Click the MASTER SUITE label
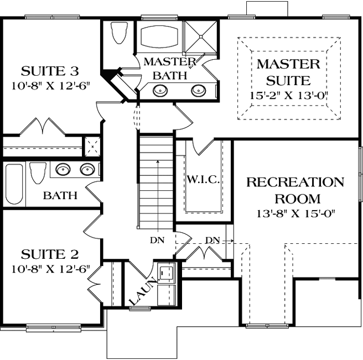[x=288, y=72]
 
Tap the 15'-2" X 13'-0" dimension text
[x=288, y=95]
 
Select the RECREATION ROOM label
[x=295, y=190]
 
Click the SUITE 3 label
[x=49, y=71]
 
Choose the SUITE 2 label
[x=49, y=254]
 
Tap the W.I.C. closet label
[x=204, y=180]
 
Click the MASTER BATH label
[x=170, y=67]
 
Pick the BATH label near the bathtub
[x=60, y=195]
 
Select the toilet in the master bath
[x=119, y=34]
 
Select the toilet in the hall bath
[x=38, y=173]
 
